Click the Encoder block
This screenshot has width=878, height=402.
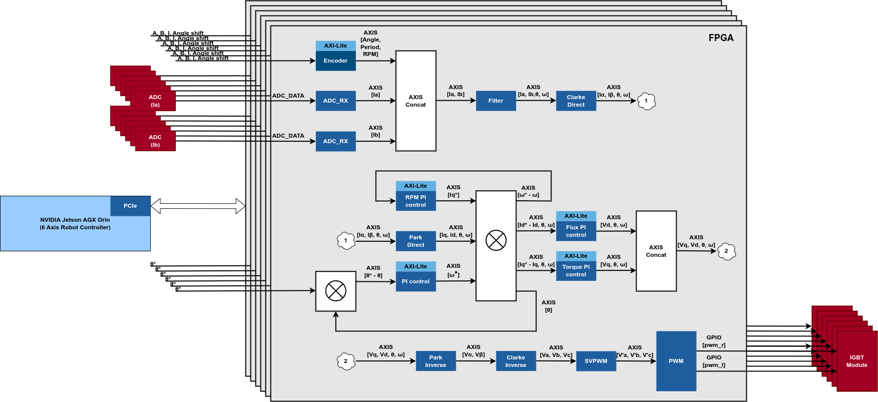click(x=336, y=61)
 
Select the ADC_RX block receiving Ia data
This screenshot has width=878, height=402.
click(x=336, y=101)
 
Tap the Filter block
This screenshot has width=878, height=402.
click(x=496, y=101)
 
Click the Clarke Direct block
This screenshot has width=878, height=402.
click(x=576, y=101)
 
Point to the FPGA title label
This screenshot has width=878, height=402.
click(x=721, y=38)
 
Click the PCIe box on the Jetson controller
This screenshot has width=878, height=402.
click(x=130, y=206)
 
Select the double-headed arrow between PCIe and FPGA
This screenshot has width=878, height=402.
click(x=198, y=206)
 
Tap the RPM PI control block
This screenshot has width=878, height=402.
click(x=416, y=201)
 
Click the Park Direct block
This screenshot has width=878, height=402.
click(x=416, y=241)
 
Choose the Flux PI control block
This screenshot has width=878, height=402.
click(x=576, y=231)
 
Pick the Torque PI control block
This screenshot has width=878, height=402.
click(x=576, y=270)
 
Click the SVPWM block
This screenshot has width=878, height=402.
click(x=596, y=361)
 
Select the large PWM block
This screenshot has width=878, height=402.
click(x=676, y=361)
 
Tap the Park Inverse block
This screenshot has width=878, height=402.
click(x=436, y=361)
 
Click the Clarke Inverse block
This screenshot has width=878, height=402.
click(x=516, y=361)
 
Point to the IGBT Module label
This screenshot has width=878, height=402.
click(x=857, y=361)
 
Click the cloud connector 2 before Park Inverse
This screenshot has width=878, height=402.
click(x=346, y=361)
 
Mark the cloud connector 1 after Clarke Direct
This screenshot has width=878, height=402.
click(x=646, y=101)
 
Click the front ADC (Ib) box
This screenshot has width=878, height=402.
click(x=155, y=141)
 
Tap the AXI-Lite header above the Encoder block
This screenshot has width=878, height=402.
click(x=336, y=46)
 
